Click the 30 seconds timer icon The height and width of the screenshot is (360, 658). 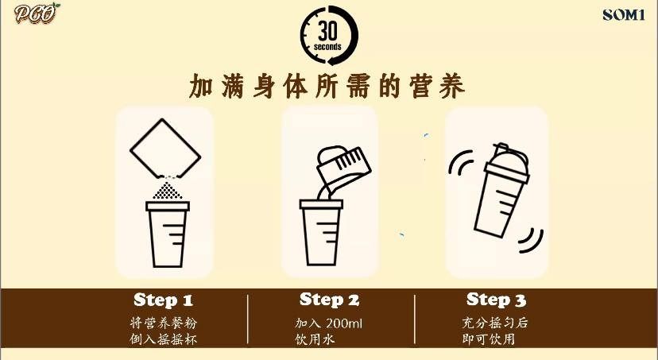[x=329, y=34]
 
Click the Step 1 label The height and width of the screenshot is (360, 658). [x=163, y=300]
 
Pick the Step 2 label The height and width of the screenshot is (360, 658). [x=329, y=300]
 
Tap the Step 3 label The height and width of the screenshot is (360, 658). [x=496, y=300]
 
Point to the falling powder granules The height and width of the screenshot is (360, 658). [x=167, y=190]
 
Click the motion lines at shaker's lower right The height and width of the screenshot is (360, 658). [x=532, y=236]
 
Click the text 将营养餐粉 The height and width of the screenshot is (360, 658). [x=162, y=324]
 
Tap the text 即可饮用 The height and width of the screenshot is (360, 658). [x=489, y=339]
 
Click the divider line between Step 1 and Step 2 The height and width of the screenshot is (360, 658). [x=248, y=320]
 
